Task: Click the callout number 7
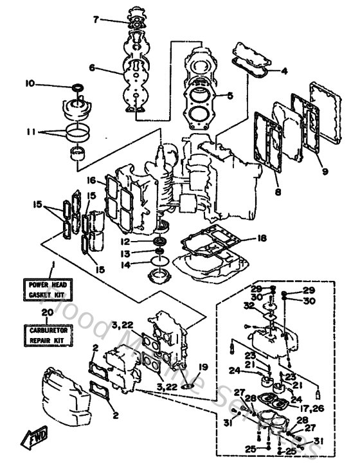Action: click(96, 20)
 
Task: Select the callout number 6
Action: click(93, 67)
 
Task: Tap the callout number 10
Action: click(30, 84)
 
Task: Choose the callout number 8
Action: click(278, 190)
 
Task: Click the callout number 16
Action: click(92, 181)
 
